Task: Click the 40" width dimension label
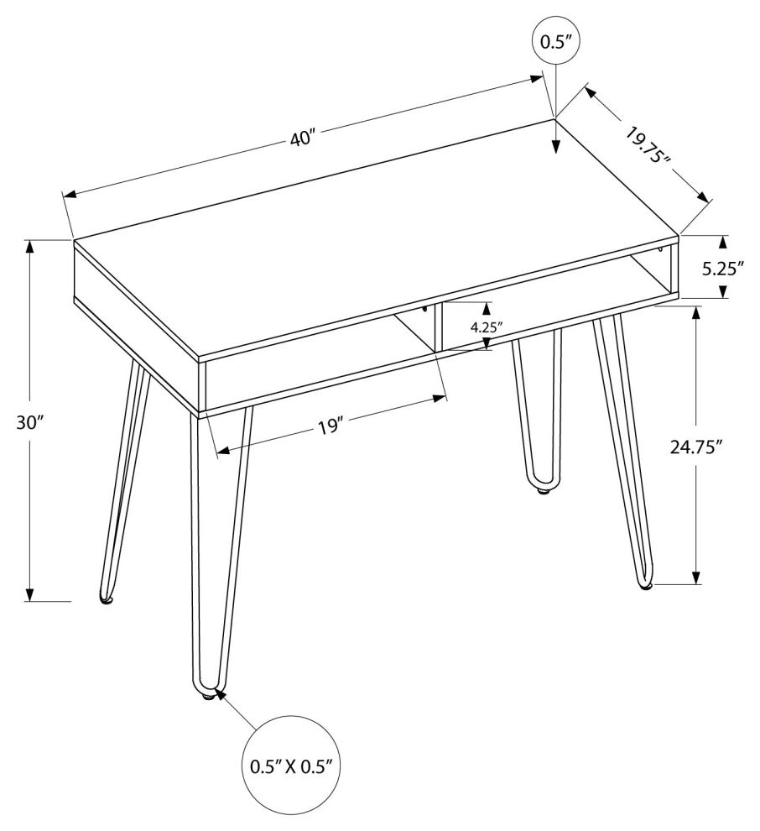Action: [x=303, y=138]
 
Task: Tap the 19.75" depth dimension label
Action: [x=647, y=145]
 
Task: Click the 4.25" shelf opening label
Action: [x=487, y=327]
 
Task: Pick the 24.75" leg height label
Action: [x=696, y=447]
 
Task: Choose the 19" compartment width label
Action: [x=331, y=427]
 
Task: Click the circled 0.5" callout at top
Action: [x=555, y=41]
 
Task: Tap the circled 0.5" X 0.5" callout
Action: [x=291, y=766]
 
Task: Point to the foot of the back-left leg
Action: [x=107, y=598]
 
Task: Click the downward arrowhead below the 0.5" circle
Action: [x=555, y=147]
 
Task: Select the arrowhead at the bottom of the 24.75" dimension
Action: [x=696, y=577]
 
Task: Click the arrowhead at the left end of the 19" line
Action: [x=225, y=451]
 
